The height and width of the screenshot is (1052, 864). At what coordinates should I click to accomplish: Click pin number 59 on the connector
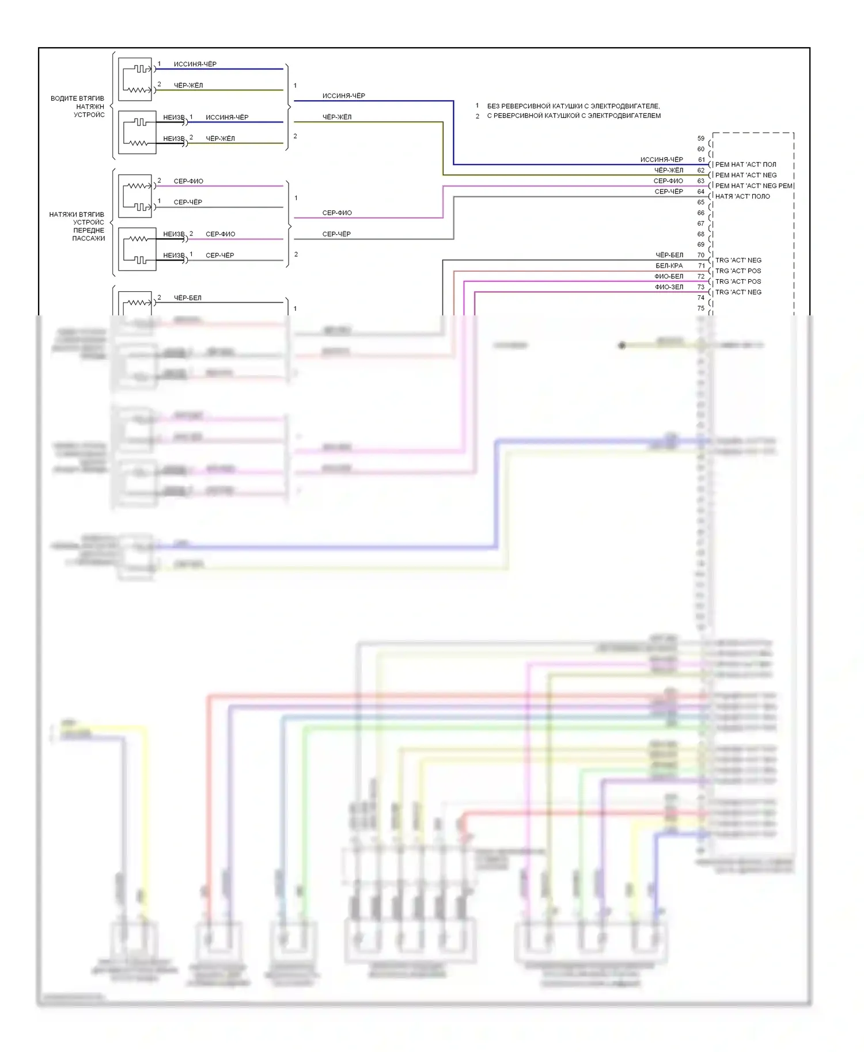click(700, 139)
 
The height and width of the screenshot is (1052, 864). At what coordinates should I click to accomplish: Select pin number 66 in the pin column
click(700, 213)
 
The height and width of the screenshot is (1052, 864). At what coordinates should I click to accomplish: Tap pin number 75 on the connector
click(700, 308)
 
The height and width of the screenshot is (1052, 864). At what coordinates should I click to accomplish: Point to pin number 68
click(700, 234)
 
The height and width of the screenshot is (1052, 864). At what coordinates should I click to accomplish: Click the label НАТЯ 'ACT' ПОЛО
click(742, 197)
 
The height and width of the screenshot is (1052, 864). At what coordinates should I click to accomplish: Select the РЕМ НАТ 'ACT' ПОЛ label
click(745, 165)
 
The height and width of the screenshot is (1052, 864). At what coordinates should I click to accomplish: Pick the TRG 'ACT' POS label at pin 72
click(738, 282)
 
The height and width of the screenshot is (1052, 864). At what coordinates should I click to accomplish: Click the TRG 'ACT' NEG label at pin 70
click(738, 261)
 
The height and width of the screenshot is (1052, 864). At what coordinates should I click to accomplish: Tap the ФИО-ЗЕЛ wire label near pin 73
click(669, 287)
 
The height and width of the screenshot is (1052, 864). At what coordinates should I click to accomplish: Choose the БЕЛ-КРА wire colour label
click(669, 266)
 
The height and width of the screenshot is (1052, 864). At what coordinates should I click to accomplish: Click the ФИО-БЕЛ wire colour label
click(669, 277)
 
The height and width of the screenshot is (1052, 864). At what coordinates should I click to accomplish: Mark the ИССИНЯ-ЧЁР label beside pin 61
click(661, 160)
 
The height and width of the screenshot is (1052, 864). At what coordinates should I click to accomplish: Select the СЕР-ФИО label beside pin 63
click(668, 181)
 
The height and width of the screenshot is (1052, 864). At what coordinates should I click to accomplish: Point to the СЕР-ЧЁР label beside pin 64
click(669, 192)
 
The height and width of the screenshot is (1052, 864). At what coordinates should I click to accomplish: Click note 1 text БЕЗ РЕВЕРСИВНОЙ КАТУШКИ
click(573, 106)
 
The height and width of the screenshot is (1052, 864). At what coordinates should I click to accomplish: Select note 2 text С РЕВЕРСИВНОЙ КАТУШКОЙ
click(574, 116)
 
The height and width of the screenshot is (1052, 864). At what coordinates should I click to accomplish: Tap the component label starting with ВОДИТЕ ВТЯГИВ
click(77, 99)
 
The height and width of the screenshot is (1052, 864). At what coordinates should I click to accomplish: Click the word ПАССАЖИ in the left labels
click(88, 239)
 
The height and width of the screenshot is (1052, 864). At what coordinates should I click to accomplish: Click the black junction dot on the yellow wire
click(622, 345)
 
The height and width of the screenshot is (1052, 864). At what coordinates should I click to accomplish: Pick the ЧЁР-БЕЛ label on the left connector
click(188, 298)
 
